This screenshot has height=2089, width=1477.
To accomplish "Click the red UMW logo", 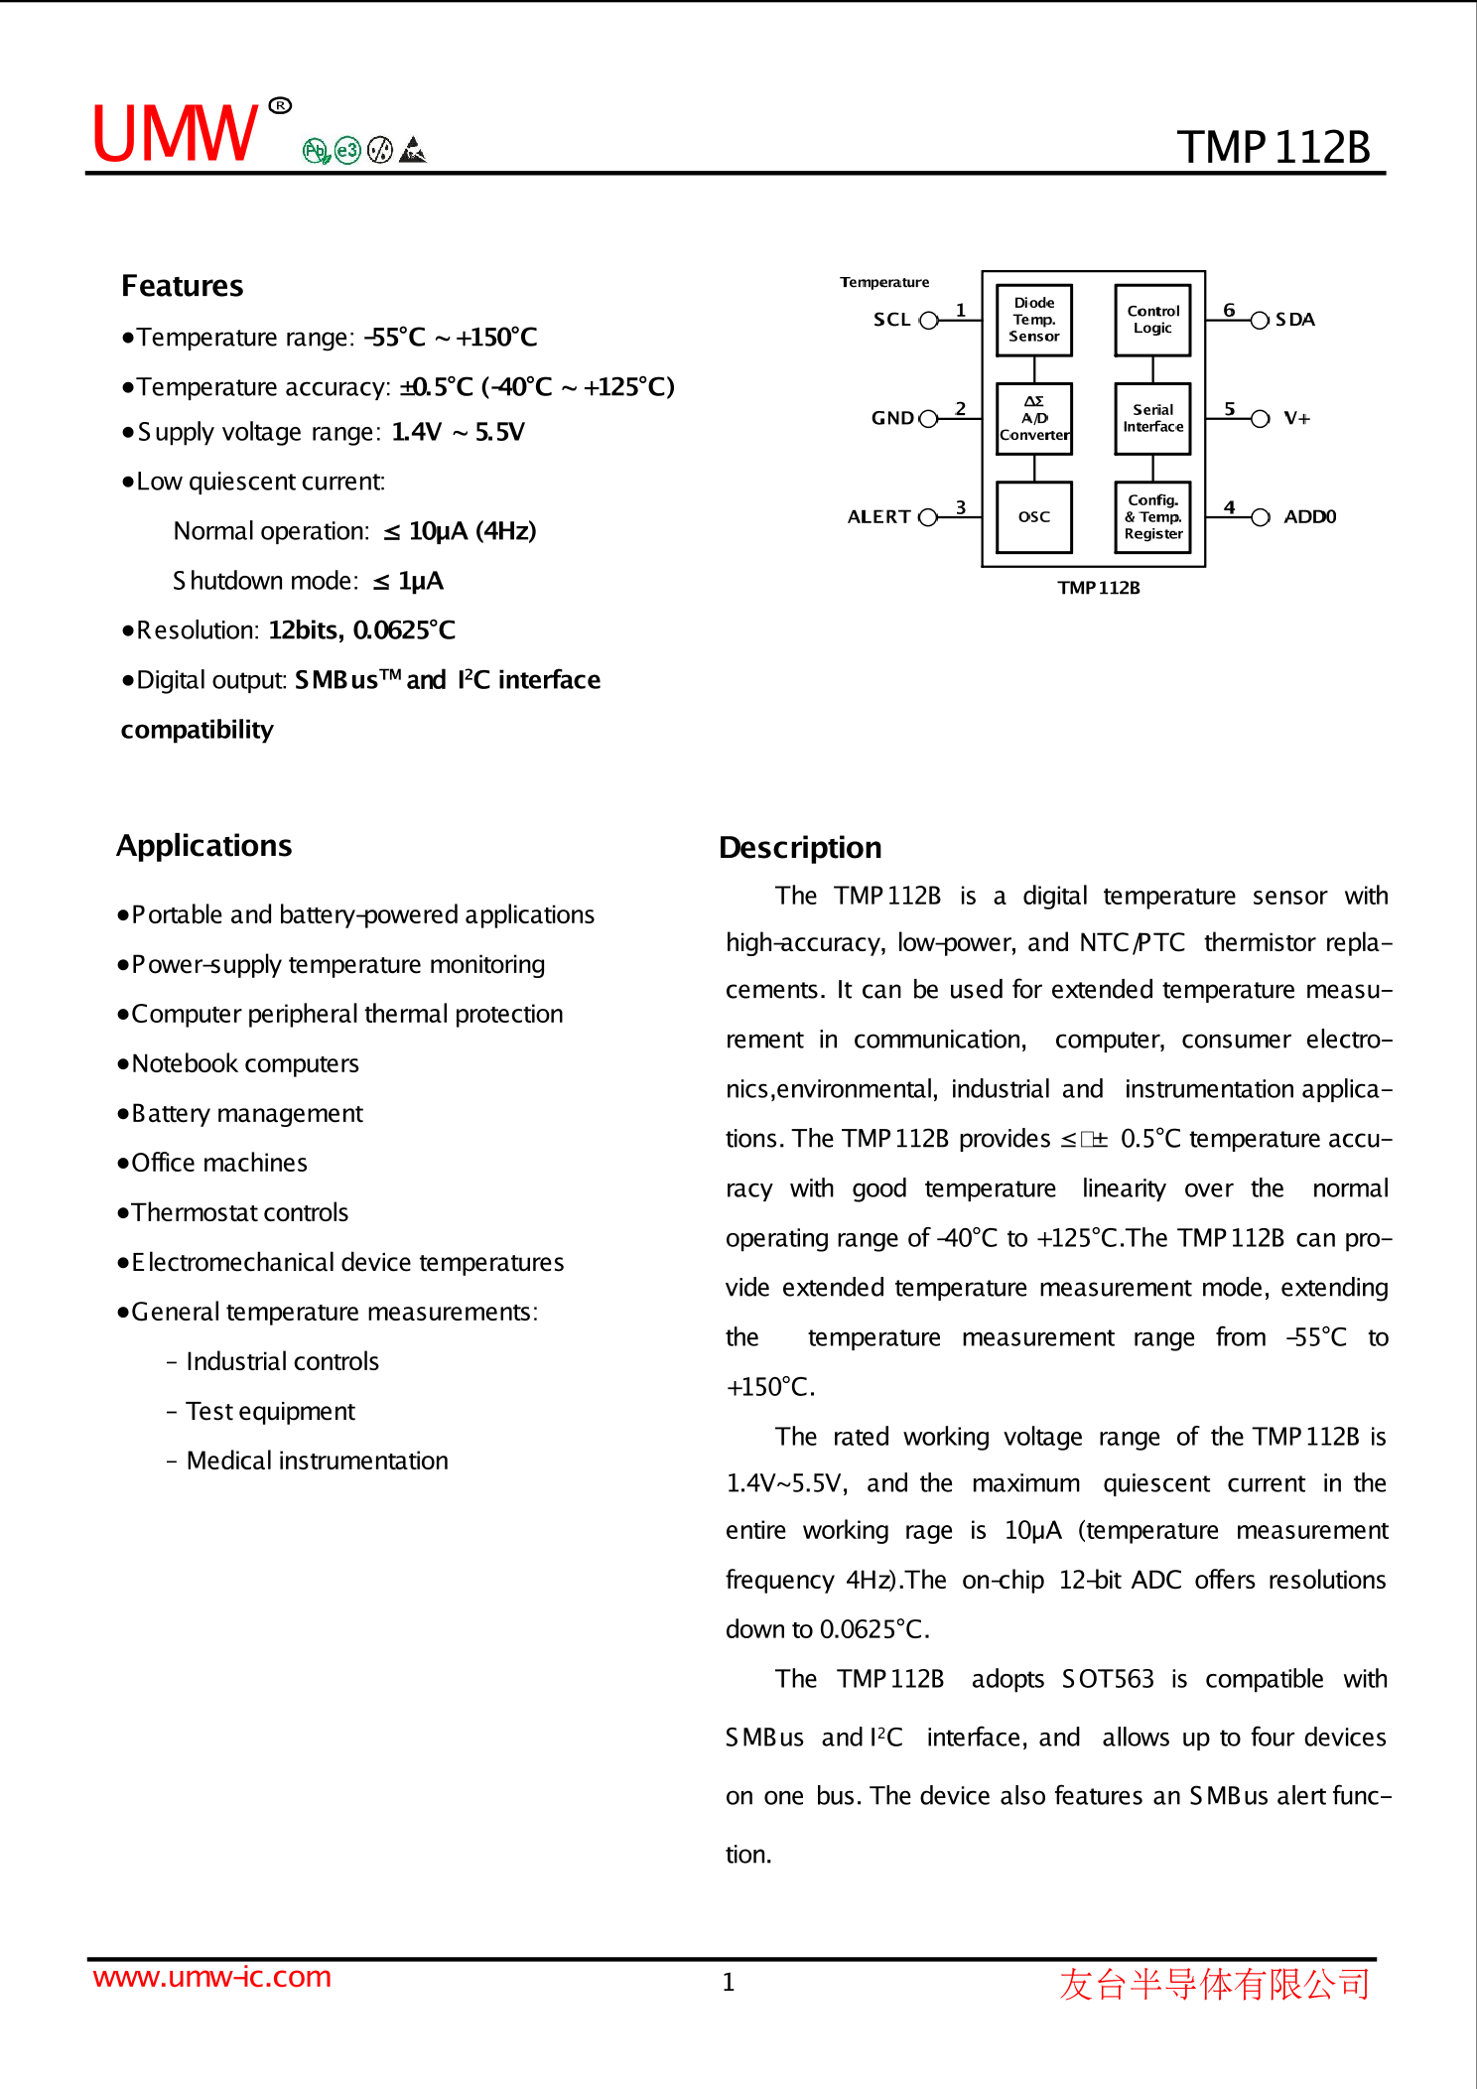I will pos(175,133).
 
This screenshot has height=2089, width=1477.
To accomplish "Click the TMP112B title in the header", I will pos(1274,148).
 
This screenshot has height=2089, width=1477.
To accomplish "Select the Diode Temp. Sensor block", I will pos(1033,320).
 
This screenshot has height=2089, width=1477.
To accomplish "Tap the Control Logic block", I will pos(1152,320).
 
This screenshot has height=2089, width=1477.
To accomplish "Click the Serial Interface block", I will pos(1152,418).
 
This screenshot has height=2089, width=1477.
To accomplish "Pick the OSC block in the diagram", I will pos(1033,516).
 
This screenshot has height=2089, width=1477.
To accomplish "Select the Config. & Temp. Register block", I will pos(1152,516).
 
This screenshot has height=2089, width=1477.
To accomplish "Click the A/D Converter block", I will pos(1033,418).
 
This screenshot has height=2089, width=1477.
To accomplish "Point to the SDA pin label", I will pos(1294,320).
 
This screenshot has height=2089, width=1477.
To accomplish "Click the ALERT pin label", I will pos(878,516).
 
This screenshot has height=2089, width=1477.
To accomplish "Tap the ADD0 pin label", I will pos(1309,516).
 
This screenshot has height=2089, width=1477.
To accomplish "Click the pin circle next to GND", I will pos(928,418).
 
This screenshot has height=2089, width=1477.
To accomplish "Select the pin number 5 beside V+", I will pos(1230,409).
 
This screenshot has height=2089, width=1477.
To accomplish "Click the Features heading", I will pos(182,286).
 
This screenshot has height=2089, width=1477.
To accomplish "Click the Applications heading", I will pos(203,846).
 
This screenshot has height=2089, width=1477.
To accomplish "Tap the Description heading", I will pos(800,848).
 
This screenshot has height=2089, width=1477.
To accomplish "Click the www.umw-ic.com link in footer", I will pos(211,1977).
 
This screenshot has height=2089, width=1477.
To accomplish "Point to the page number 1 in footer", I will pos(728,1983).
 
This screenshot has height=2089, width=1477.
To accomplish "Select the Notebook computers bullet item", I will pos(244,1063).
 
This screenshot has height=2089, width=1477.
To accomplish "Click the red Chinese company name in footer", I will pos(1214,1984).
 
